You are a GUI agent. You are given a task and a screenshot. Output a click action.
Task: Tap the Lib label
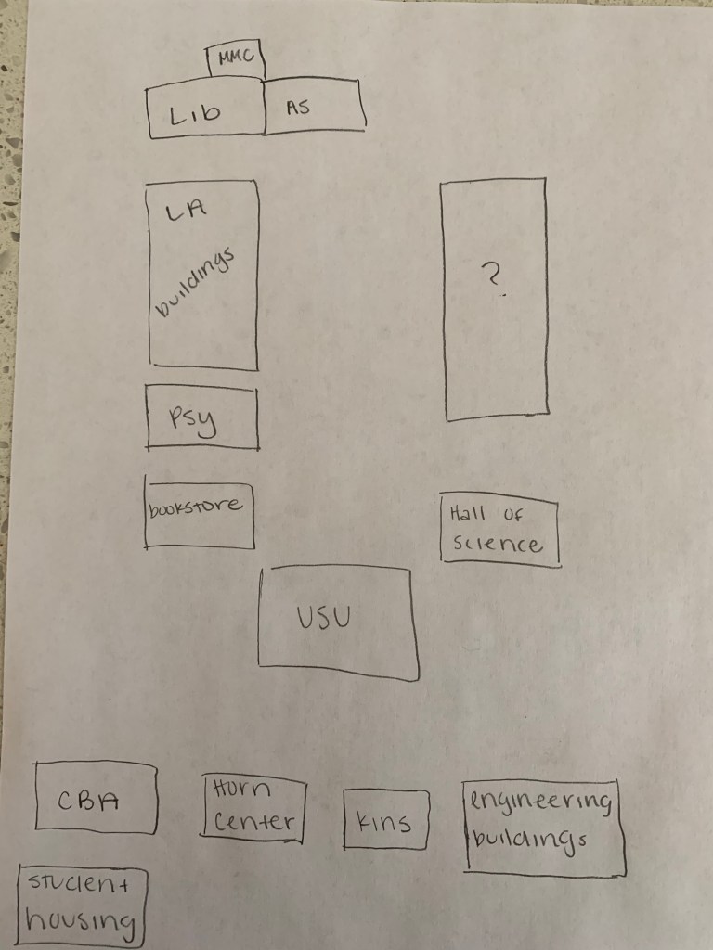tap(195, 114)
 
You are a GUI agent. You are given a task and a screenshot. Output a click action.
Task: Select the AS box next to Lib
tap(312, 107)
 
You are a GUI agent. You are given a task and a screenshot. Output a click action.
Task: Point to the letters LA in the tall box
tap(184, 212)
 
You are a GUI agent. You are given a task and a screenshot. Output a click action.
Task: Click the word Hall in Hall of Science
tap(467, 513)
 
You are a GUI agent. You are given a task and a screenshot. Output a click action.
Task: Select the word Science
tap(498, 544)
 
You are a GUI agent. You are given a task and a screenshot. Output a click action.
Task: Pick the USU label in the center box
tap(323, 617)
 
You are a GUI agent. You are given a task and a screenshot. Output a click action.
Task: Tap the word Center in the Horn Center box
tap(253, 821)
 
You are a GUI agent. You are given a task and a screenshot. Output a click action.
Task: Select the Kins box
tap(384, 820)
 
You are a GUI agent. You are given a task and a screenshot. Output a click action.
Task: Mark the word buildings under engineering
tap(529, 839)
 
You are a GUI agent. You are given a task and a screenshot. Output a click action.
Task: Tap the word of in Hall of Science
tap(513, 513)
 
